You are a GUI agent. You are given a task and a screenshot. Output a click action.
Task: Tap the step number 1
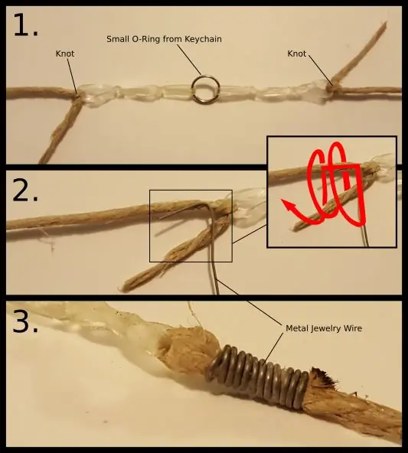(25, 25)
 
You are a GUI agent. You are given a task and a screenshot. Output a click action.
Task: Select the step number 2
(25, 190)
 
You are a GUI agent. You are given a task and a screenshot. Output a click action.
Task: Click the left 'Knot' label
(65, 54)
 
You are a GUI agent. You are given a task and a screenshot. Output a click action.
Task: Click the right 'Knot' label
(297, 54)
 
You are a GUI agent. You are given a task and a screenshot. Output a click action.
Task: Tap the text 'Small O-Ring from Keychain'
(164, 39)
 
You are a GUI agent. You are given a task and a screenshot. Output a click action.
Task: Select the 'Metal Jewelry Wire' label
(324, 328)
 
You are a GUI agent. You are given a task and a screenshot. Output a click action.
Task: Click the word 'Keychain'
(203, 39)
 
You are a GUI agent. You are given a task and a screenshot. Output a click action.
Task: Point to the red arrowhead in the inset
(286, 205)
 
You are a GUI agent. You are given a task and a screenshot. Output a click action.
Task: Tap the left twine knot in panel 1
(77, 95)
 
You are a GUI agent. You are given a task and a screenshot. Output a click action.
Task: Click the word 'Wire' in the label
(353, 328)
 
